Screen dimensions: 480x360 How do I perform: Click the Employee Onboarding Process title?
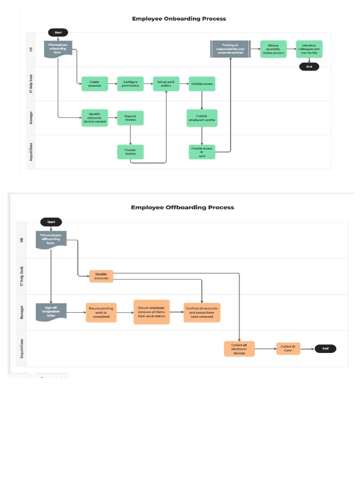tap(179, 19)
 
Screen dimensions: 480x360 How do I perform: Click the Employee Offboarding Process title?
tap(182, 207)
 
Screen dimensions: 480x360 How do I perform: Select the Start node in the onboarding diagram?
tap(58, 32)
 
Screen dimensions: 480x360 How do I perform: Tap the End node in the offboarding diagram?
tap(325, 348)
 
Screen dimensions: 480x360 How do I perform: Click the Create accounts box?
tap(95, 84)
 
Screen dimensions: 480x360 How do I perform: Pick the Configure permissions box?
tap(130, 84)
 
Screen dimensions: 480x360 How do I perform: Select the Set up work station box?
tap(166, 84)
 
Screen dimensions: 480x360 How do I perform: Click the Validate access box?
tap(202, 84)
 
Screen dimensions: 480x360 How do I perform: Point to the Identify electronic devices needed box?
tap(95, 118)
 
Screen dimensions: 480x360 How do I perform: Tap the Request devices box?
tap(130, 118)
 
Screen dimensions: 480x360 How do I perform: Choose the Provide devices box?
tap(130, 152)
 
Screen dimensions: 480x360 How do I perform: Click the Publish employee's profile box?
tap(202, 118)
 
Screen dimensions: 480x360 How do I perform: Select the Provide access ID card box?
tap(202, 152)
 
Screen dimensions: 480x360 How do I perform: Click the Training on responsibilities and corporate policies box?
tap(230, 49)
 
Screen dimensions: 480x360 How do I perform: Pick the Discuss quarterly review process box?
tap(273, 49)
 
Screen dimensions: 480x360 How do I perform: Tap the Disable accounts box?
tap(101, 276)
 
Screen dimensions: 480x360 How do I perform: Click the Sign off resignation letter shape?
tap(51, 311)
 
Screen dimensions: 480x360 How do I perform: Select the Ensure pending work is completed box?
tap(101, 312)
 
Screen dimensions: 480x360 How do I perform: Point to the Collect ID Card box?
tap(288, 348)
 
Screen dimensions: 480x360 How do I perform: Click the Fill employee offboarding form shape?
tap(51, 239)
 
